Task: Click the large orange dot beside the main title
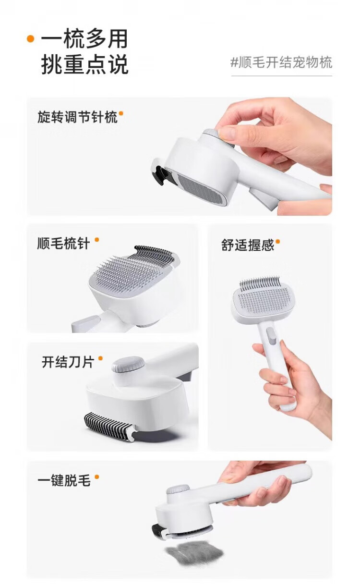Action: pos(31,39)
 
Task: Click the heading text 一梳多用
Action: pos(84,39)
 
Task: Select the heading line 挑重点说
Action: pos(84,64)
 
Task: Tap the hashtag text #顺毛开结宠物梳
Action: pos(281,62)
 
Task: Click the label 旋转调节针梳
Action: pos(77,117)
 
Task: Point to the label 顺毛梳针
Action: pos(64,244)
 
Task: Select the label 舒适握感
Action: pos(248,245)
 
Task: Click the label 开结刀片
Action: pos(68,362)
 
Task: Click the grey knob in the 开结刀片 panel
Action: pos(128,364)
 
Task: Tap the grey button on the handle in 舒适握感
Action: pos(271,336)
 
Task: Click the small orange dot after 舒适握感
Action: pos(278,241)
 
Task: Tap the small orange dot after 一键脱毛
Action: pos(96,477)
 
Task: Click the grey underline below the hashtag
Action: pos(281,76)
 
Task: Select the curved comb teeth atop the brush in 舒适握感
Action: pos(260,283)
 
